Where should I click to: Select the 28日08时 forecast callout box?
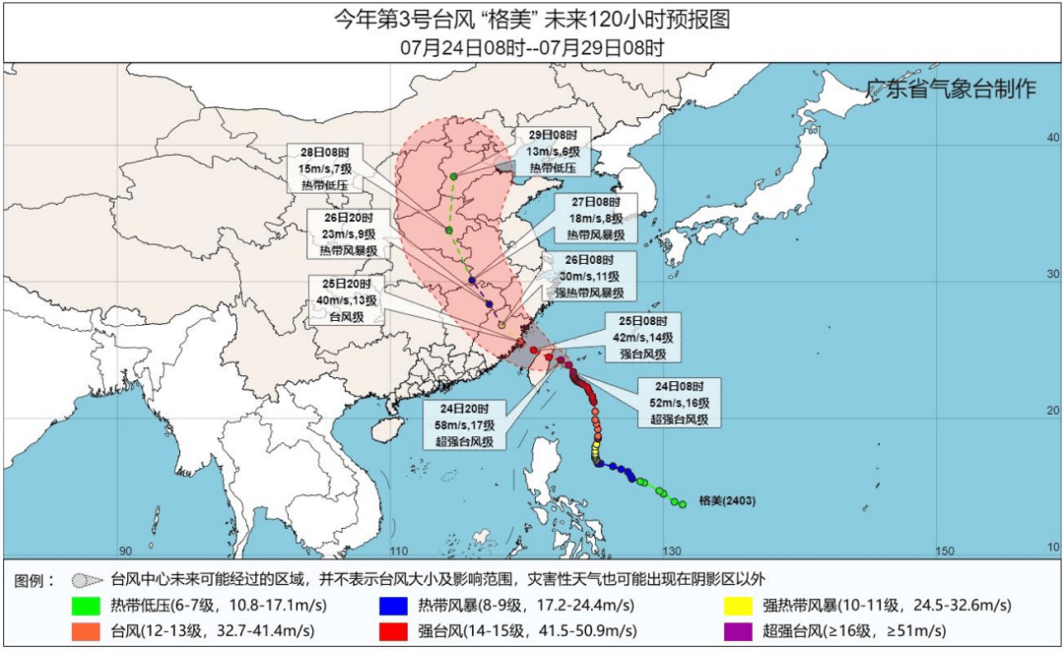(325, 167)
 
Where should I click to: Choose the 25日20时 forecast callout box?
(346, 300)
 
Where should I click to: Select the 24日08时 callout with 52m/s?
(680, 402)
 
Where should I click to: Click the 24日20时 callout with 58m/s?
(464, 424)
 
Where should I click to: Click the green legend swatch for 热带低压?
(87, 605)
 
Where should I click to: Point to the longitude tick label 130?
(673, 550)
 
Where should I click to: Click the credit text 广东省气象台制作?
(951, 89)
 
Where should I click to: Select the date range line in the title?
(532, 46)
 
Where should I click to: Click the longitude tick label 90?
(125, 550)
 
